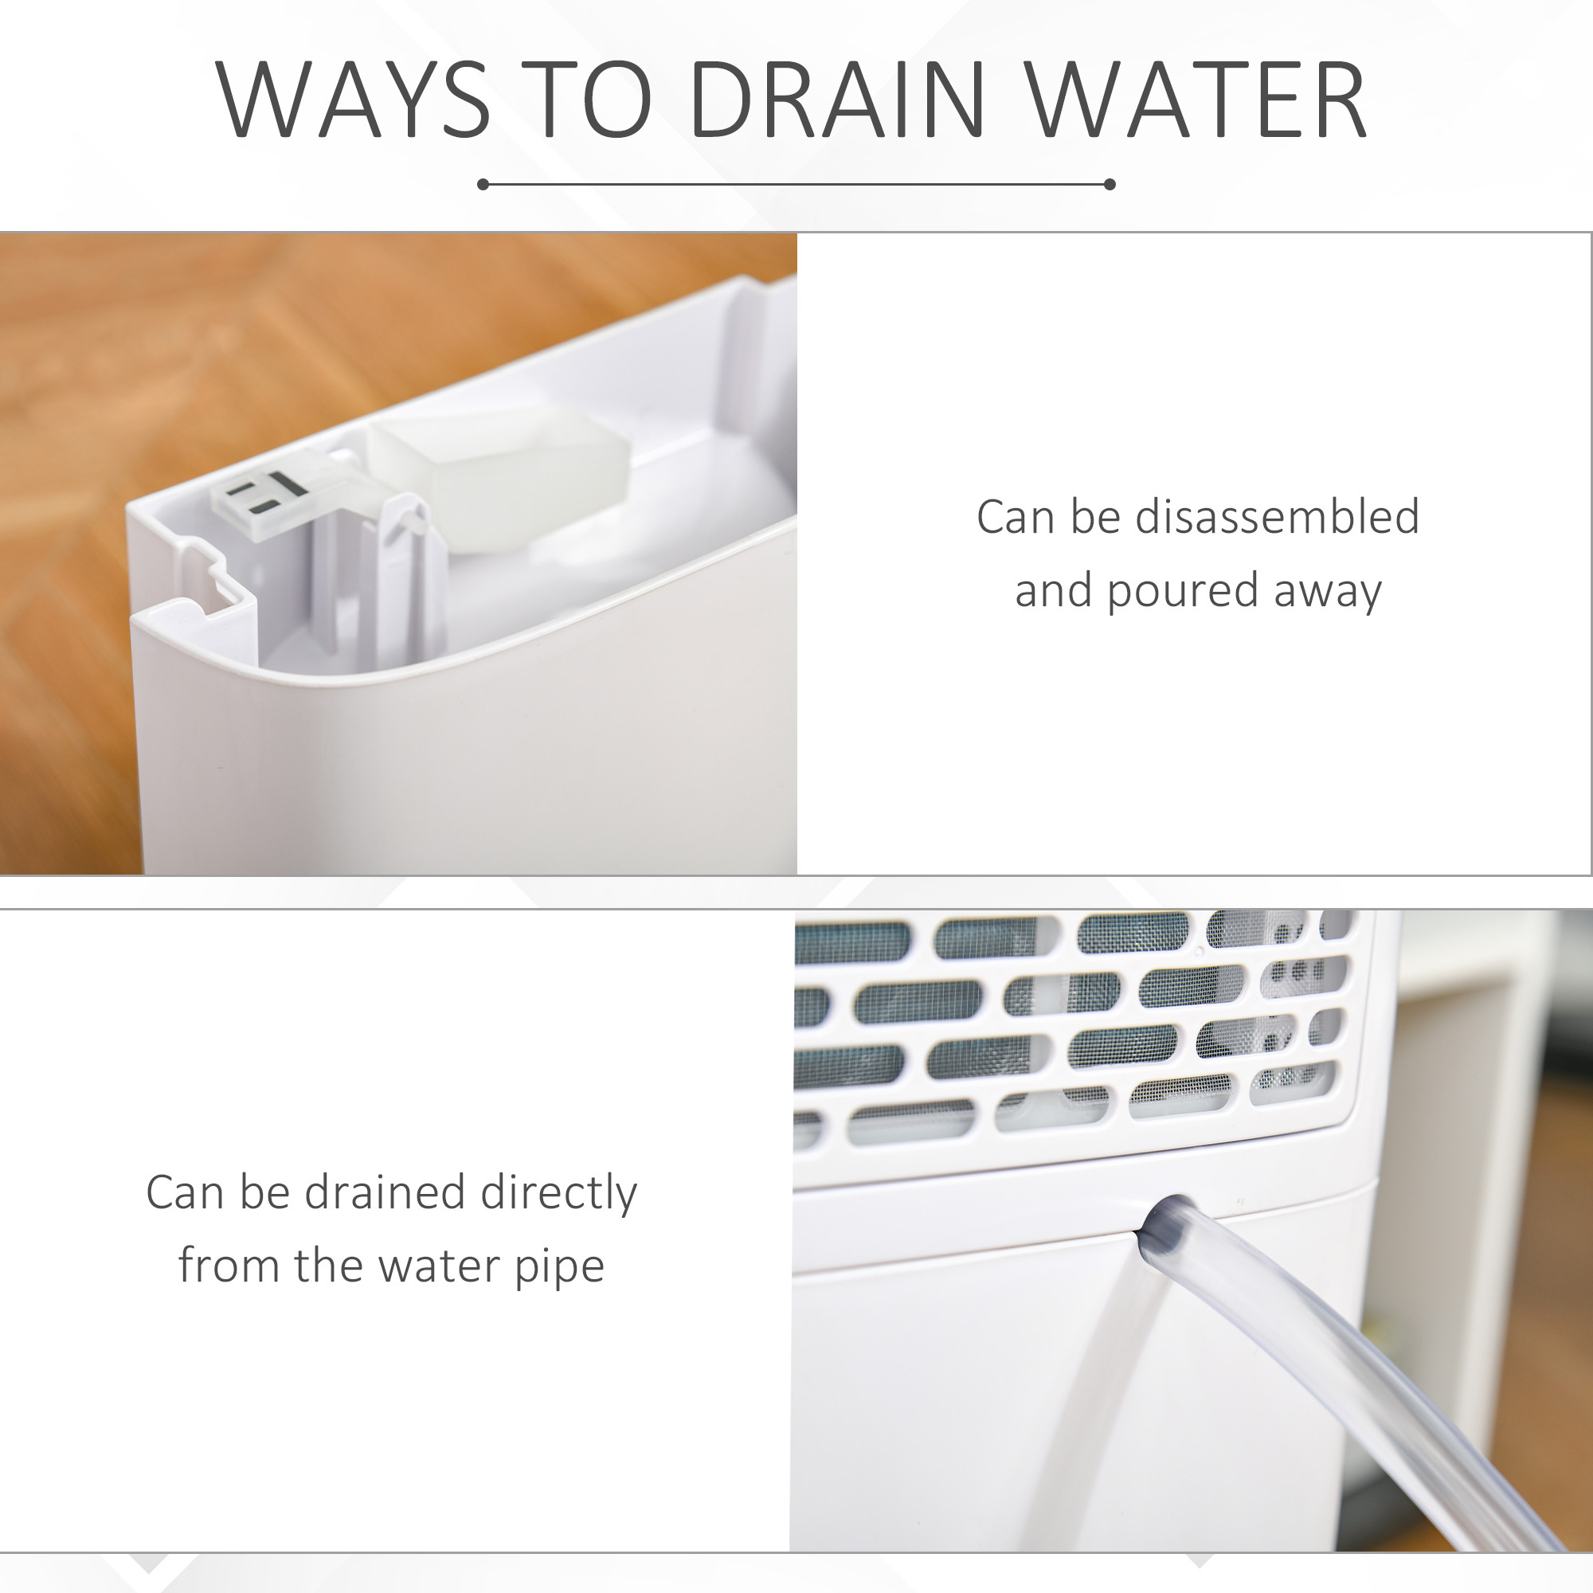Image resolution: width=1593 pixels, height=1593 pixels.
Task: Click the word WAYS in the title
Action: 354,100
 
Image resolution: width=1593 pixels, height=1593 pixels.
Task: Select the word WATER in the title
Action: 1197,100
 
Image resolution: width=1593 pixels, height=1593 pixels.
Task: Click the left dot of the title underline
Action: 483,184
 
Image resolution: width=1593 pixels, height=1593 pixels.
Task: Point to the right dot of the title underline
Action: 1109,184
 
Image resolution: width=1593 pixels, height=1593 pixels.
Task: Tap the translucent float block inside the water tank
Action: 499,479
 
